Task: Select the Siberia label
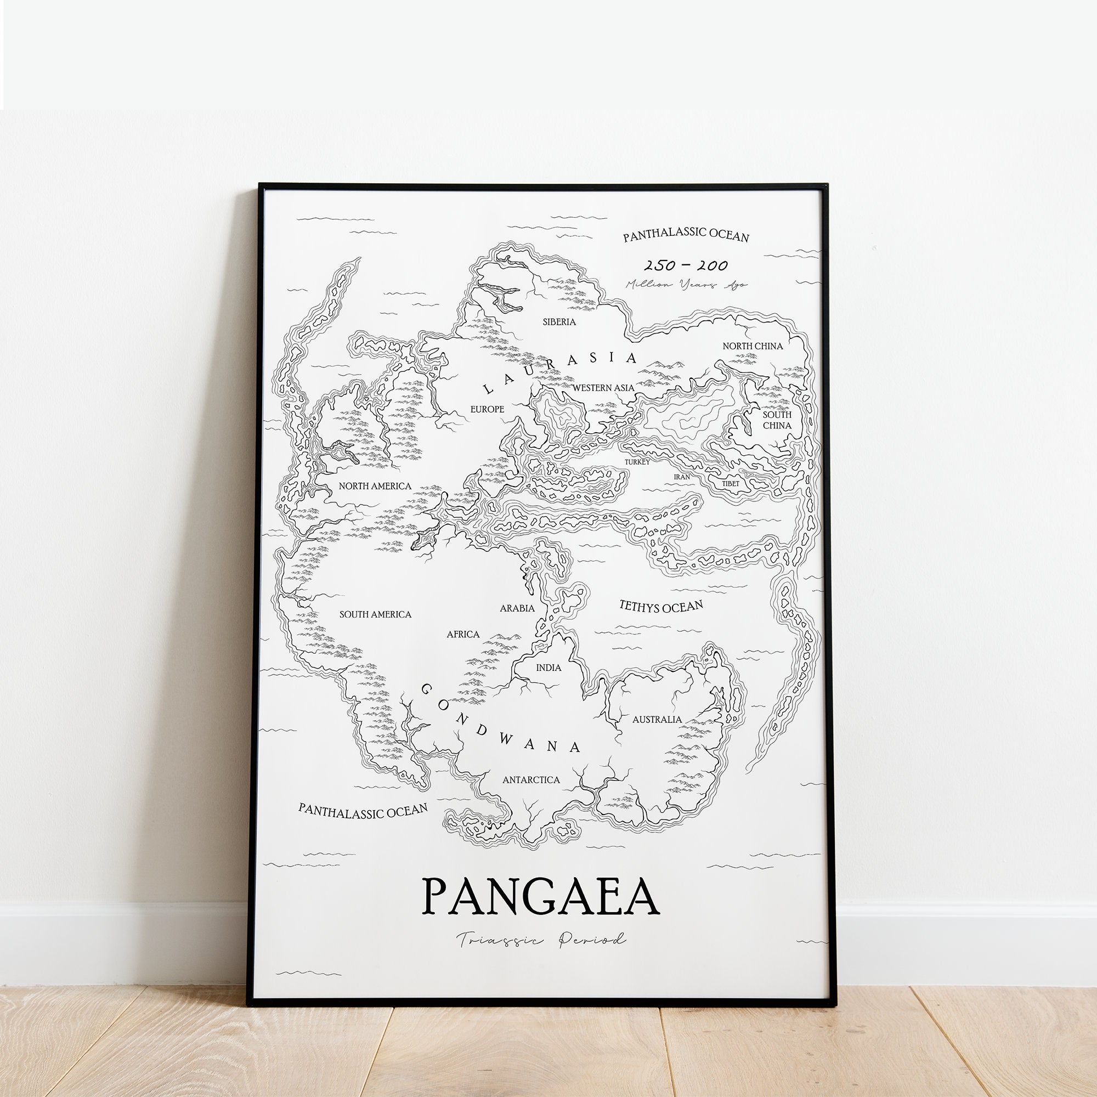click(559, 322)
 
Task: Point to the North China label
click(753, 346)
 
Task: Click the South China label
click(777, 420)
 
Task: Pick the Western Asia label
click(603, 388)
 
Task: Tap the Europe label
click(487, 409)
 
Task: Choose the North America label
click(375, 486)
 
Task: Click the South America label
click(375, 614)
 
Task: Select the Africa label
click(463, 634)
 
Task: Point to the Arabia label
click(517, 608)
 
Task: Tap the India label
click(548, 668)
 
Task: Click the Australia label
click(657, 720)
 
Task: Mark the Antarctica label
click(531, 780)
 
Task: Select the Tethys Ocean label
click(661, 607)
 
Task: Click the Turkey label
click(637, 462)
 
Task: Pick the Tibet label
click(731, 484)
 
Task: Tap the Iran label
click(682, 477)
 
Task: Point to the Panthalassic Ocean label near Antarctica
click(363, 811)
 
